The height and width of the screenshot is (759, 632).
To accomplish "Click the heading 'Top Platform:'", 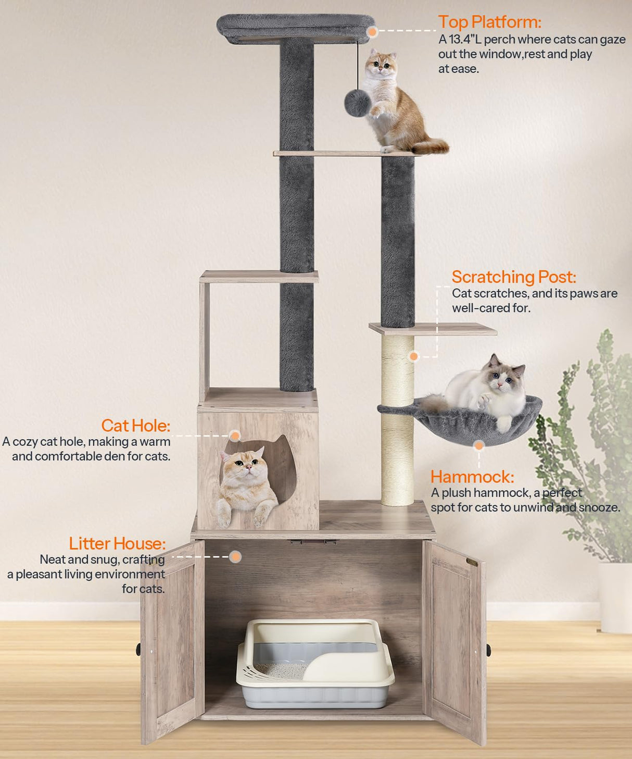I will (x=489, y=22).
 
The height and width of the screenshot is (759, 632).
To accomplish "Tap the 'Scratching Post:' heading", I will (x=513, y=277).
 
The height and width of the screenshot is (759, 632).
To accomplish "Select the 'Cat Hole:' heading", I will (x=135, y=426).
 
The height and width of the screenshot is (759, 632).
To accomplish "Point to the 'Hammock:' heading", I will (x=472, y=477).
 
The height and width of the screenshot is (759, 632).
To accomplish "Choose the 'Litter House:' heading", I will (x=117, y=543).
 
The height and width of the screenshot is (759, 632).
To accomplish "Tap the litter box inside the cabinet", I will (x=315, y=664).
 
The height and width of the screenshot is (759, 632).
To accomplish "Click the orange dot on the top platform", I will (x=372, y=32).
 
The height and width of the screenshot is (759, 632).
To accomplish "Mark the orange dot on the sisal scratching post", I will (x=414, y=356).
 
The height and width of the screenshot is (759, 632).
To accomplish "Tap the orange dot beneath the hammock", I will (x=479, y=445).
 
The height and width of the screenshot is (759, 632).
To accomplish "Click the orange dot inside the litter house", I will (x=235, y=557).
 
